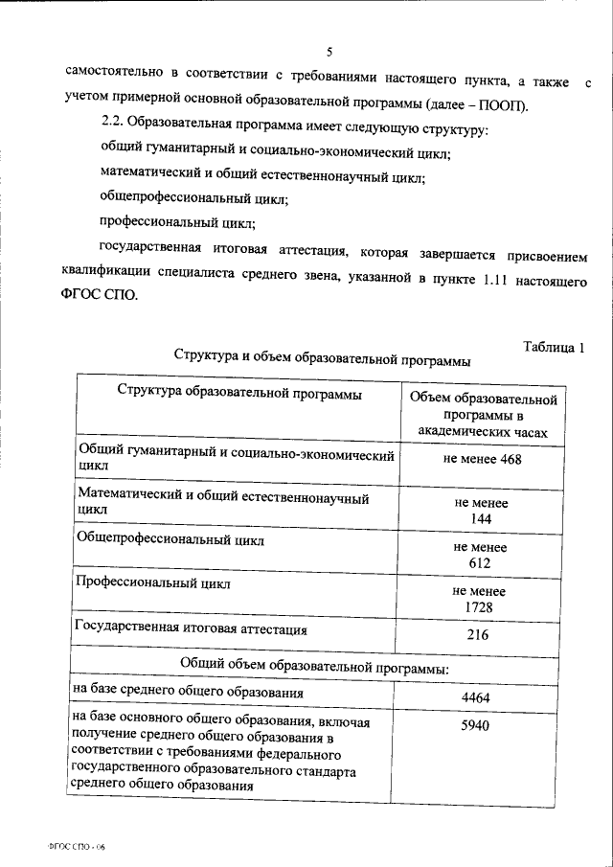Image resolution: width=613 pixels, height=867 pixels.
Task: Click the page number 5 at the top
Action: [329, 51]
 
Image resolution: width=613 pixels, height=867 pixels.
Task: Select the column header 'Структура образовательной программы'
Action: [239, 393]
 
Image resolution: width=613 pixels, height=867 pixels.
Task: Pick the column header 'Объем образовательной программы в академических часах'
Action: [483, 414]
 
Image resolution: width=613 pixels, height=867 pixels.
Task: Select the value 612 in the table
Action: [481, 562]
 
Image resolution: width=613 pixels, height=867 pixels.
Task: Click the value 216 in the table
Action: [478, 635]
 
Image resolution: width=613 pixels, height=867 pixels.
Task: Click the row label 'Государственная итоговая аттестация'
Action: [191, 629]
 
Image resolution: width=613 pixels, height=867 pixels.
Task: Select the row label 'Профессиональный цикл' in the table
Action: [152, 582]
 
